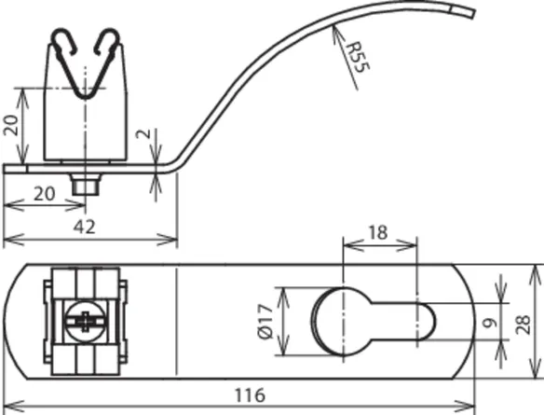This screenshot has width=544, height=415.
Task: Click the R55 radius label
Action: (359, 57)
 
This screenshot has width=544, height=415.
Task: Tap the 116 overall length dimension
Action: (250, 394)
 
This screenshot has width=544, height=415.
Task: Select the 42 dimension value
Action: (84, 228)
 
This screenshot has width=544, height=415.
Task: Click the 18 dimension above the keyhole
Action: (378, 232)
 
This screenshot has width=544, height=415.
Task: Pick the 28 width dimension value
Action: (524, 325)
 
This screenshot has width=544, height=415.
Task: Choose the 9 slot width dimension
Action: (490, 324)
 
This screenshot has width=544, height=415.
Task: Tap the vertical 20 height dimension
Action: (11, 125)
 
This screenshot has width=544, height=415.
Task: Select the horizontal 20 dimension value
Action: (44, 194)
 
